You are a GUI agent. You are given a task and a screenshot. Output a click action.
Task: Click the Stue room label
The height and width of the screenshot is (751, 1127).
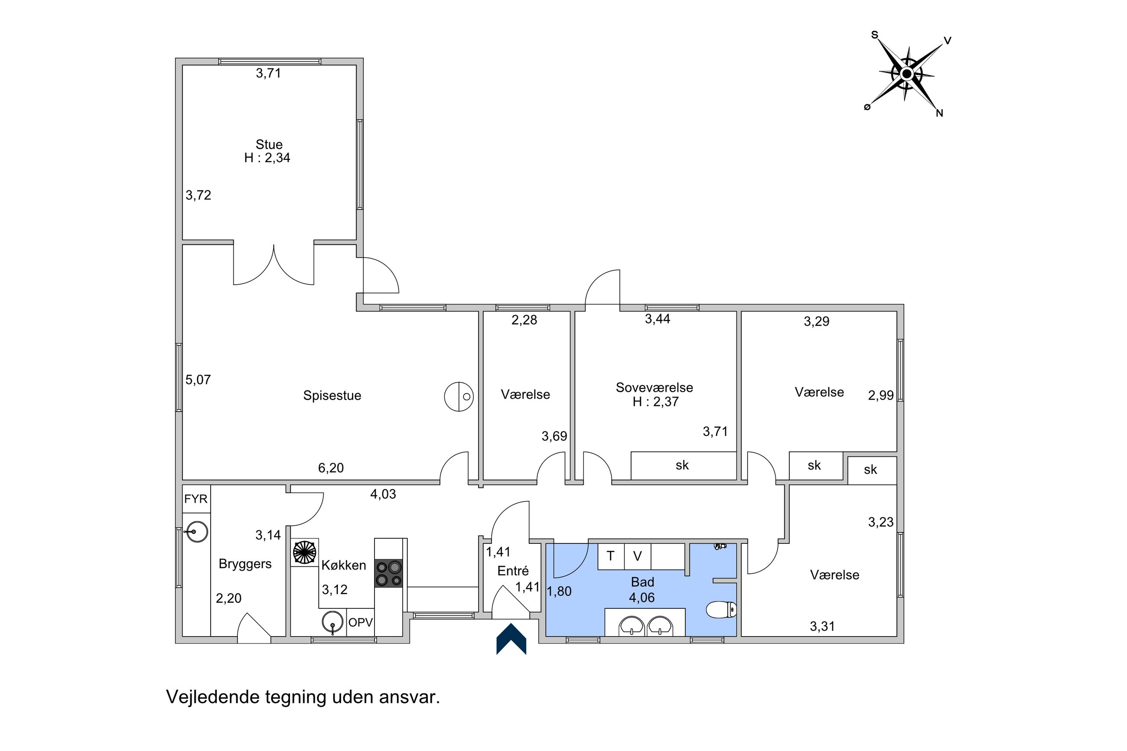[x=269, y=144]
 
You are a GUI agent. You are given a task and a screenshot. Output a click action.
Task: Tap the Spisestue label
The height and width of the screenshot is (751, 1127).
[x=332, y=396]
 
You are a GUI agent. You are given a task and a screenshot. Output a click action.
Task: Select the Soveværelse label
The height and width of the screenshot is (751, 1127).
[x=654, y=387]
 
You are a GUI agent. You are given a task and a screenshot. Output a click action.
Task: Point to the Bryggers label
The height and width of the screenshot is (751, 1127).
[x=245, y=564]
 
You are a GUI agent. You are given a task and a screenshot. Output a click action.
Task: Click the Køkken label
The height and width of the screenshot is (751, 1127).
[x=343, y=565]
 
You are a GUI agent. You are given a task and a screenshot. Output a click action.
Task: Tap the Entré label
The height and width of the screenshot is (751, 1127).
[x=513, y=571]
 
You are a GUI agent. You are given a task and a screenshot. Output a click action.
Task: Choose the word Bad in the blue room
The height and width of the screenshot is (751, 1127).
[x=642, y=582]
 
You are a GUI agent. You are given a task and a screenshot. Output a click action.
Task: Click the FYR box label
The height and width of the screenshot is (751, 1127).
[x=196, y=499]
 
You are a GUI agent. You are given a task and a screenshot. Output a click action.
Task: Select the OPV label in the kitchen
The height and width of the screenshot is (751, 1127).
[x=360, y=622]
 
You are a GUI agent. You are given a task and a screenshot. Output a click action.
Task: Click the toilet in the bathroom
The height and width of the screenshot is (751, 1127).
[x=721, y=609]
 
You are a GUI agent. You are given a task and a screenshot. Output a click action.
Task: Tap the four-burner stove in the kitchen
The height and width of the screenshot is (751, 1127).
[x=388, y=573]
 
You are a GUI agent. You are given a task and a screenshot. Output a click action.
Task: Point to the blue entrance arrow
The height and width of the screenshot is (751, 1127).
[x=511, y=639]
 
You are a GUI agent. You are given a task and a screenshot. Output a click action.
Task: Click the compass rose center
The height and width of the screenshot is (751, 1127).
[x=906, y=74]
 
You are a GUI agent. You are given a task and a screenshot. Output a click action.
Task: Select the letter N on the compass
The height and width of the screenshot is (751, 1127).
[x=939, y=114]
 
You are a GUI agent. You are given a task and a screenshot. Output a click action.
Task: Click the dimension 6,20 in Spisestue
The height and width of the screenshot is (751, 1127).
[x=331, y=468]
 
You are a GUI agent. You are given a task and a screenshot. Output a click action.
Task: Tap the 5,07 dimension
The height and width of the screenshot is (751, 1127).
[x=198, y=380]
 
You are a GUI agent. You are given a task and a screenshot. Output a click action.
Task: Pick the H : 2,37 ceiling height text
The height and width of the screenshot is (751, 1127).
[x=655, y=402]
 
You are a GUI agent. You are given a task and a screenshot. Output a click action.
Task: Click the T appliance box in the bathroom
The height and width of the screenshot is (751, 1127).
[x=611, y=556]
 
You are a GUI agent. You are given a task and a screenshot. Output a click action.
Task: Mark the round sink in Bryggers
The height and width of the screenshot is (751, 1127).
[x=196, y=531]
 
